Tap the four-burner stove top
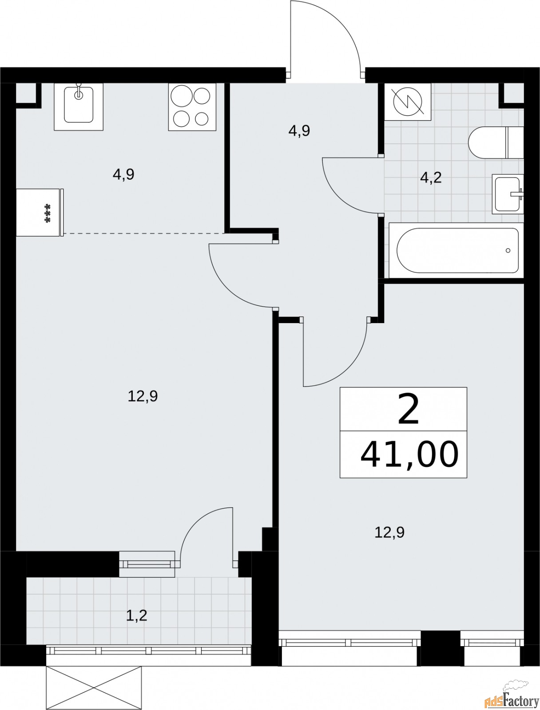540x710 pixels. coord(192,107)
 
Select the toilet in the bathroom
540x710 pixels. coord(496,142)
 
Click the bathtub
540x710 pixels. coord(456,250)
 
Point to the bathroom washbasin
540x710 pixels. coord(508,194)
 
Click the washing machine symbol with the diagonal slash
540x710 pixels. coord(408,102)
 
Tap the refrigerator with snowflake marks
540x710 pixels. coord(40,212)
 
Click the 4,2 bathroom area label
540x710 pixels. coord(431,178)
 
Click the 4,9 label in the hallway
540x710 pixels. coord(299,131)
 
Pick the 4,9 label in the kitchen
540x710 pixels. coord(123,175)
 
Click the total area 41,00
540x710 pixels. coord(409,454)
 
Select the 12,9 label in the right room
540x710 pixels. coord(389,533)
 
